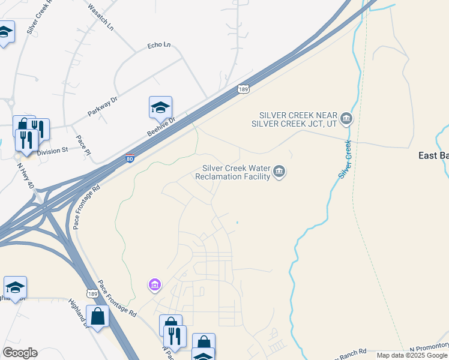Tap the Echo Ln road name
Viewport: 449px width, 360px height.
159,45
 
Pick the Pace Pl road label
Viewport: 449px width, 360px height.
83,145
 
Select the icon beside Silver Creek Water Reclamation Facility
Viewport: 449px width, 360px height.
279,173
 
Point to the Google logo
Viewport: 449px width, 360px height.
20,353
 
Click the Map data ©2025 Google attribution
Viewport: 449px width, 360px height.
412,355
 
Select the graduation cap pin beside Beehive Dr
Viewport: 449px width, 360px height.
160,107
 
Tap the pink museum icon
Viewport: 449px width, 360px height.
155,284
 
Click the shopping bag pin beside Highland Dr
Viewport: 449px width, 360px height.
97,316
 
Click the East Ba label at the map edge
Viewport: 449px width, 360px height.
433,155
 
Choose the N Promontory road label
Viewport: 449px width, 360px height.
429,347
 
